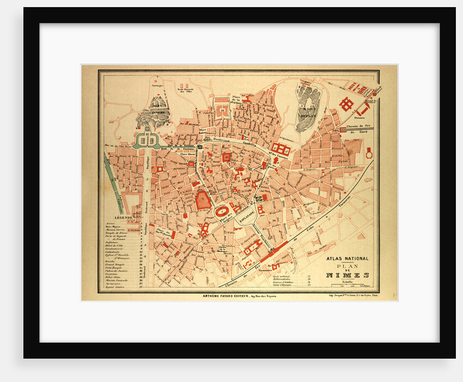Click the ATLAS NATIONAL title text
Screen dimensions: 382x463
pyautogui.click(x=347, y=258)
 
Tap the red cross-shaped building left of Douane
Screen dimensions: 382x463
pyautogui.click(x=346, y=103)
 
